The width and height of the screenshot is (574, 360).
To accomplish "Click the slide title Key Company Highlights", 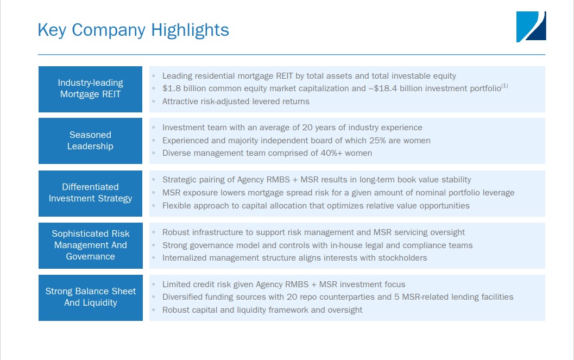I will [133, 29].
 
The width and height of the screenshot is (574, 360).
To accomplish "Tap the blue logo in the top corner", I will [531, 27].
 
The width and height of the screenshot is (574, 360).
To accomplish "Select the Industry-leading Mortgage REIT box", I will [91, 89].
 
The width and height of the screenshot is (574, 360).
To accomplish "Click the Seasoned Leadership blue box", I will [91, 141].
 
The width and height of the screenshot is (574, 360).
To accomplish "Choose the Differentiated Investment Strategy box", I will [91, 193].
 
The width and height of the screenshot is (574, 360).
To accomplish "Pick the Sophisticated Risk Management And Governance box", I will [91, 245].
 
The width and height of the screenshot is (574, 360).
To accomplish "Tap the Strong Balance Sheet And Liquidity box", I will [91, 297].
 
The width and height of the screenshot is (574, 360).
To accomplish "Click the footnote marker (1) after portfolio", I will [504, 86].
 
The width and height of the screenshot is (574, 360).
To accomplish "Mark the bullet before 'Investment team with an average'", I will [154, 128].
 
